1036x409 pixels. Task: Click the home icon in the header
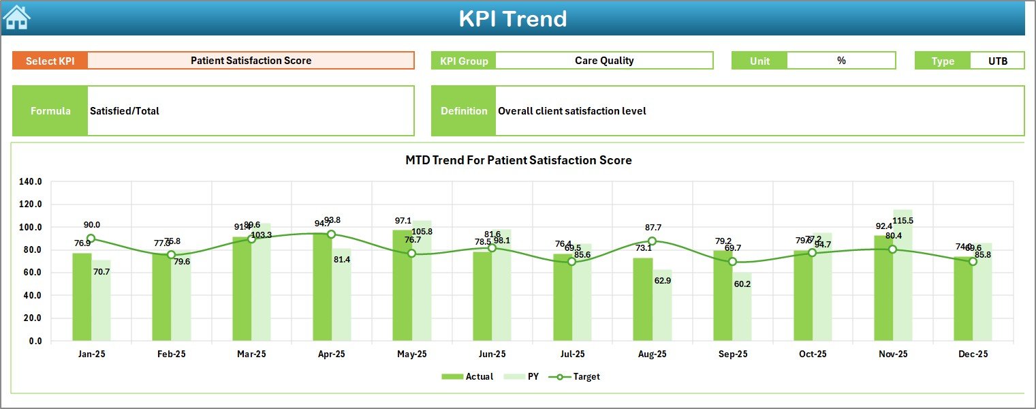point(16,18)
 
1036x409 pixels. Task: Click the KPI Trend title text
point(512,18)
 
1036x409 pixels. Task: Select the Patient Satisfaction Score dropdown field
point(251,61)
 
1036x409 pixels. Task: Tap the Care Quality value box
point(603,61)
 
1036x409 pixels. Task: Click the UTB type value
point(997,61)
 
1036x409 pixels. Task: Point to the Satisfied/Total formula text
point(125,111)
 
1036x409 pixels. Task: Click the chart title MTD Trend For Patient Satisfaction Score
point(518,160)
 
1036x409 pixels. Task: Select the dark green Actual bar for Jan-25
point(82,297)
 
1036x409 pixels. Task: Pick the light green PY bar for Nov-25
point(902,275)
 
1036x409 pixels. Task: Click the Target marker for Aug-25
point(652,241)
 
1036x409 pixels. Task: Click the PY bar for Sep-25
point(742,306)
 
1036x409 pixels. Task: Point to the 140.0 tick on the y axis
point(31,182)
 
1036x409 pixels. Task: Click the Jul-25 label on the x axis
point(571,354)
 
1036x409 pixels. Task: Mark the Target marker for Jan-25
point(91,239)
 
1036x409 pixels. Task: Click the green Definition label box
point(463,111)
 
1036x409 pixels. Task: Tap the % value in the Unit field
point(841,61)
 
